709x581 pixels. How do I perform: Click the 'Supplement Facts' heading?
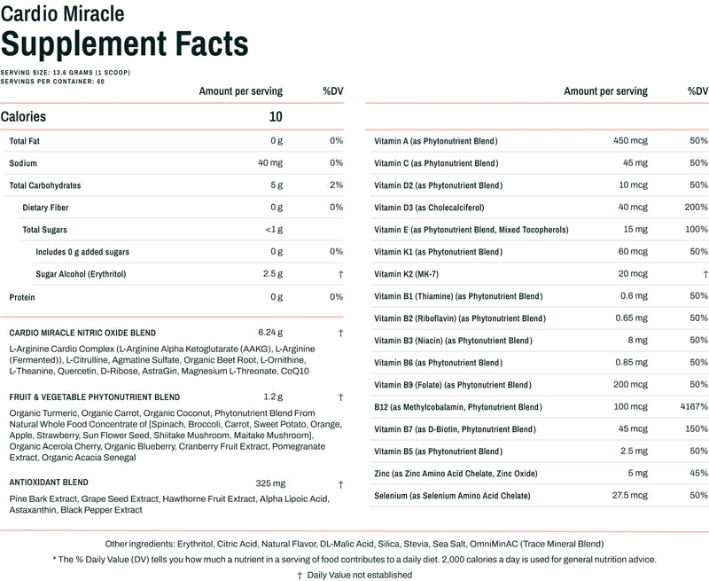124,43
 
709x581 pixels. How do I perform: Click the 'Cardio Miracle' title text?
62,13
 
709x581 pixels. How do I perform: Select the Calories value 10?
276,116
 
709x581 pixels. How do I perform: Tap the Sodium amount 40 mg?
269,163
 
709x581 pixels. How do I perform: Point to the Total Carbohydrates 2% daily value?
335,185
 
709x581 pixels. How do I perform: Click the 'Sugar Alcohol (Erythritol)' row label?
81,274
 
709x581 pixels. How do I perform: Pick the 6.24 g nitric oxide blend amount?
269,333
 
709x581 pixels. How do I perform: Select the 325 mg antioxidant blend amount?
269,483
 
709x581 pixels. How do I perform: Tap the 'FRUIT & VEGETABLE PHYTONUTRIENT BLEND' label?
94,396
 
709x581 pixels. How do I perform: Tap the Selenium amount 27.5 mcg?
628,496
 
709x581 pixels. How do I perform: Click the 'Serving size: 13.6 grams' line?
66,72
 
